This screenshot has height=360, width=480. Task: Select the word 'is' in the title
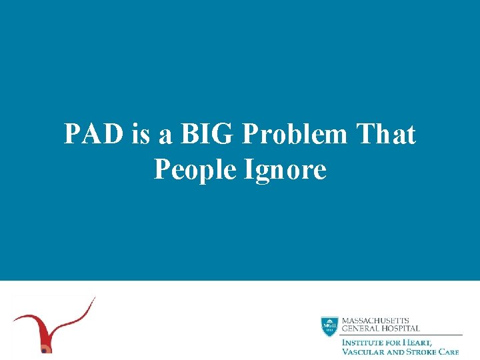click(141, 135)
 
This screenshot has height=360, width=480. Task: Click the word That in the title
click(386, 135)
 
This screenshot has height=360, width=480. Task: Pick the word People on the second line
click(195, 169)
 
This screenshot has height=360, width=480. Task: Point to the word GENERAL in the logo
click(361, 328)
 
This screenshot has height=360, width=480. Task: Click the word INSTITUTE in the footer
click(363, 342)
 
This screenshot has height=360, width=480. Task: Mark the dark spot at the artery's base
click(45, 349)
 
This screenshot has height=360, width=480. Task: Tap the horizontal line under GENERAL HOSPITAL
click(400, 334)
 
